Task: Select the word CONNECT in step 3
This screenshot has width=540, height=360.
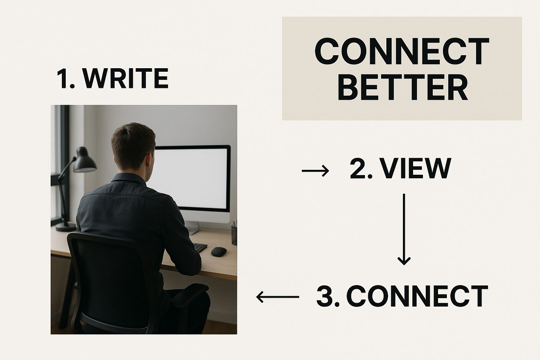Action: click(417, 296)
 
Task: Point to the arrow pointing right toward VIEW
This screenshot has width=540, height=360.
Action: click(315, 171)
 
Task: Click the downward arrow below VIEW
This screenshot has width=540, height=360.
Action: click(404, 229)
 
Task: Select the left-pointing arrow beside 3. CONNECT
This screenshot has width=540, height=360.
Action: click(277, 297)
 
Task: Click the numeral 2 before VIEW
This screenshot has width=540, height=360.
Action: click(358, 169)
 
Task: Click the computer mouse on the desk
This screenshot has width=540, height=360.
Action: click(219, 251)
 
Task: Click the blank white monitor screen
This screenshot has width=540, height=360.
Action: click(192, 178)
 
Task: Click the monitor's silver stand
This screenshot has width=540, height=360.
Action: click(193, 229)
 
